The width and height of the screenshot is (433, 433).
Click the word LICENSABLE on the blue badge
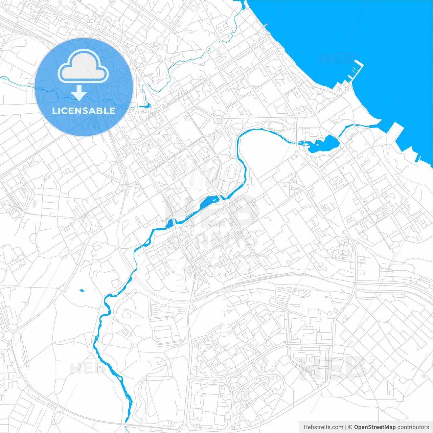pyautogui.click(x=84, y=111)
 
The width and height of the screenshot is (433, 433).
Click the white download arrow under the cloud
pyautogui.click(x=79, y=93)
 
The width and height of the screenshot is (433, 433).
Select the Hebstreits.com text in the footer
pyautogui.click(x=323, y=427)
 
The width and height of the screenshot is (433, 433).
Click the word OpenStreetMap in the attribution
pyautogui.click(x=374, y=427)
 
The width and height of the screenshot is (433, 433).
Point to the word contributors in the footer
pyautogui.click(x=413, y=427)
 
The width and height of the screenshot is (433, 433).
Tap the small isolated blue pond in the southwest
pyautogui.click(x=82, y=290)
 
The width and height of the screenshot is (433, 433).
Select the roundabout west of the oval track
pyautogui.click(x=219, y=119)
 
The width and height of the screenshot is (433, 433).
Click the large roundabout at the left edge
pyautogui.click(x=7, y=336)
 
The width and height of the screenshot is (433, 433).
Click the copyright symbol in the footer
pyautogui.click(x=350, y=427)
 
